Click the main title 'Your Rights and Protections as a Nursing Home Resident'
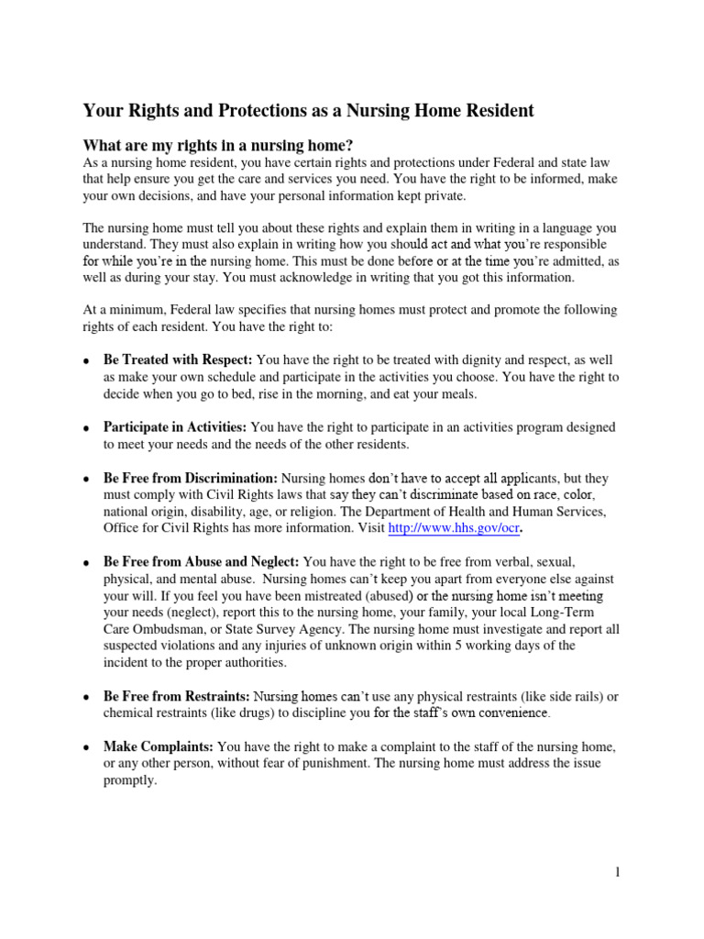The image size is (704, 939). [308, 111]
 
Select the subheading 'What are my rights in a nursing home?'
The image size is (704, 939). [218, 146]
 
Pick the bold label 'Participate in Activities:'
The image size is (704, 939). [175, 427]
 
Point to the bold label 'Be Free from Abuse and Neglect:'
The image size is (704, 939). [201, 561]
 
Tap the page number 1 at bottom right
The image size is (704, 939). [618, 872]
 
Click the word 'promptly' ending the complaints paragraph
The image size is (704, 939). [130, 780]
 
